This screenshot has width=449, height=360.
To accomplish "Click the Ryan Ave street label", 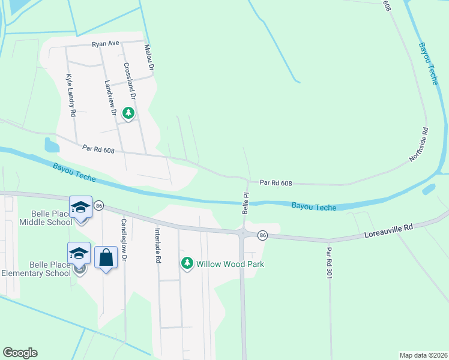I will coord(106,44).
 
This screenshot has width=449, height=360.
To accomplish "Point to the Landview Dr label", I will coord(109,98).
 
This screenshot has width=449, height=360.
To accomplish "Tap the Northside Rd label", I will coord(420,144).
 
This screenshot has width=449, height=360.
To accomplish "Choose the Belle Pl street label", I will coord(245,203).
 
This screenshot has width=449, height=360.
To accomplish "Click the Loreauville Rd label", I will coord(389,229).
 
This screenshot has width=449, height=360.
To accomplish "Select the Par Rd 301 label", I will coord(329,262).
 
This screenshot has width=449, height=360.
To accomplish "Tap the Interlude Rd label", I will coord(158,245).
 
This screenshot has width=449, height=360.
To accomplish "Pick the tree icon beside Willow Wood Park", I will coord(187,263).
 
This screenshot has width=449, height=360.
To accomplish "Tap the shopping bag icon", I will coord(106,257).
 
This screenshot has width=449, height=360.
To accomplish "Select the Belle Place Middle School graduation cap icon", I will coord(80,207).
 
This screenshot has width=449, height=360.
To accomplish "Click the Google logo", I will coord(20,353).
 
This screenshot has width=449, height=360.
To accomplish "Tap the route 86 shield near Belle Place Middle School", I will coord(98,206).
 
